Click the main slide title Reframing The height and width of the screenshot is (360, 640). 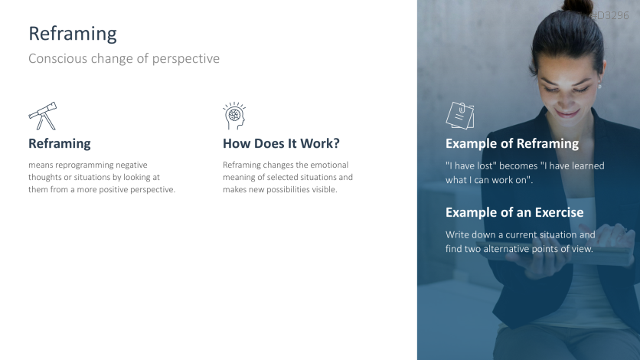point(73,34)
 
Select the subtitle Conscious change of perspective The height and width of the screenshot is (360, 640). point(124,59)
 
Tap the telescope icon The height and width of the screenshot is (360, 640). point(43,116)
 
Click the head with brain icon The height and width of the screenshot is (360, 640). point(234,116)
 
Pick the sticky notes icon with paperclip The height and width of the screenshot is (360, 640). point(460,116)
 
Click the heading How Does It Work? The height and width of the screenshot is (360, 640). point(281,143)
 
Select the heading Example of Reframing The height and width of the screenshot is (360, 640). point(512,144)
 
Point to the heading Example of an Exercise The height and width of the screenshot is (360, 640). point(514,212)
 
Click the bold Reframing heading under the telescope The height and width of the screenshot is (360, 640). point(60,144)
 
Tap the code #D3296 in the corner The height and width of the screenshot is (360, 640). point(610,15)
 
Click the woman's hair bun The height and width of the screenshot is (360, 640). point(576,7)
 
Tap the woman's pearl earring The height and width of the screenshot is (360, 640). point(599,86)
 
